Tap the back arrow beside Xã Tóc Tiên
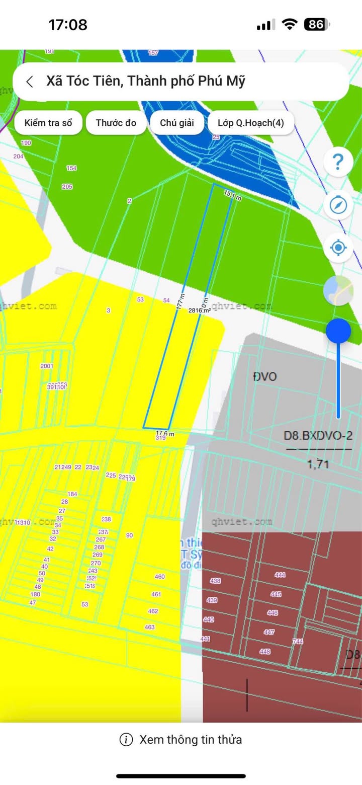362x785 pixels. [x=30, y=82]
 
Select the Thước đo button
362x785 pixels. [x=116, y=123]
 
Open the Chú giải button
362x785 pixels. [x=177, y=123]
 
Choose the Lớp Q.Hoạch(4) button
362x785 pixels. [x=250, y=123]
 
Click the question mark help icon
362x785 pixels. [x=338, y=162]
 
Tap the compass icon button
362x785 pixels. [x=338, y=205]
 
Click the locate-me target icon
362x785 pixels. [x=338, y=248]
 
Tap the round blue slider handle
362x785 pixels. [x=338, y=331]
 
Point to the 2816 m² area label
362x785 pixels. [x=199, y=310]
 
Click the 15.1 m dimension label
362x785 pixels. [x=233, y=196]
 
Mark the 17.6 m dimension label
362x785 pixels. [x=165, y=433]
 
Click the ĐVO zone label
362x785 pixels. [x=265, y=376]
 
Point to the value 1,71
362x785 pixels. [x=318, y=464]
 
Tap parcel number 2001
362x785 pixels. [x=47, y=366]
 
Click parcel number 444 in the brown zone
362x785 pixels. [x=280, y=575]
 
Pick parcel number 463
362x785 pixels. [x=150, y=627]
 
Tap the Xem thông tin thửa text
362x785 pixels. [x=191, y=739]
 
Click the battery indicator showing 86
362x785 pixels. [x=316, y=24]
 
